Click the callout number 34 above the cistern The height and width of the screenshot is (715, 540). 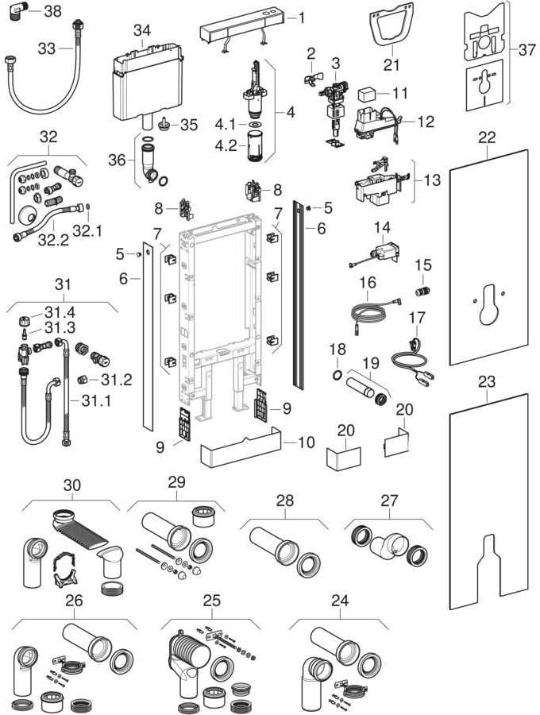[141, 30]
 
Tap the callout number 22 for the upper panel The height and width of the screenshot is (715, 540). [486, 137]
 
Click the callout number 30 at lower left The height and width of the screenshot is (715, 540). [71, 485]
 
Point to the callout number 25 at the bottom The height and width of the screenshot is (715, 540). [210, 600]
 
